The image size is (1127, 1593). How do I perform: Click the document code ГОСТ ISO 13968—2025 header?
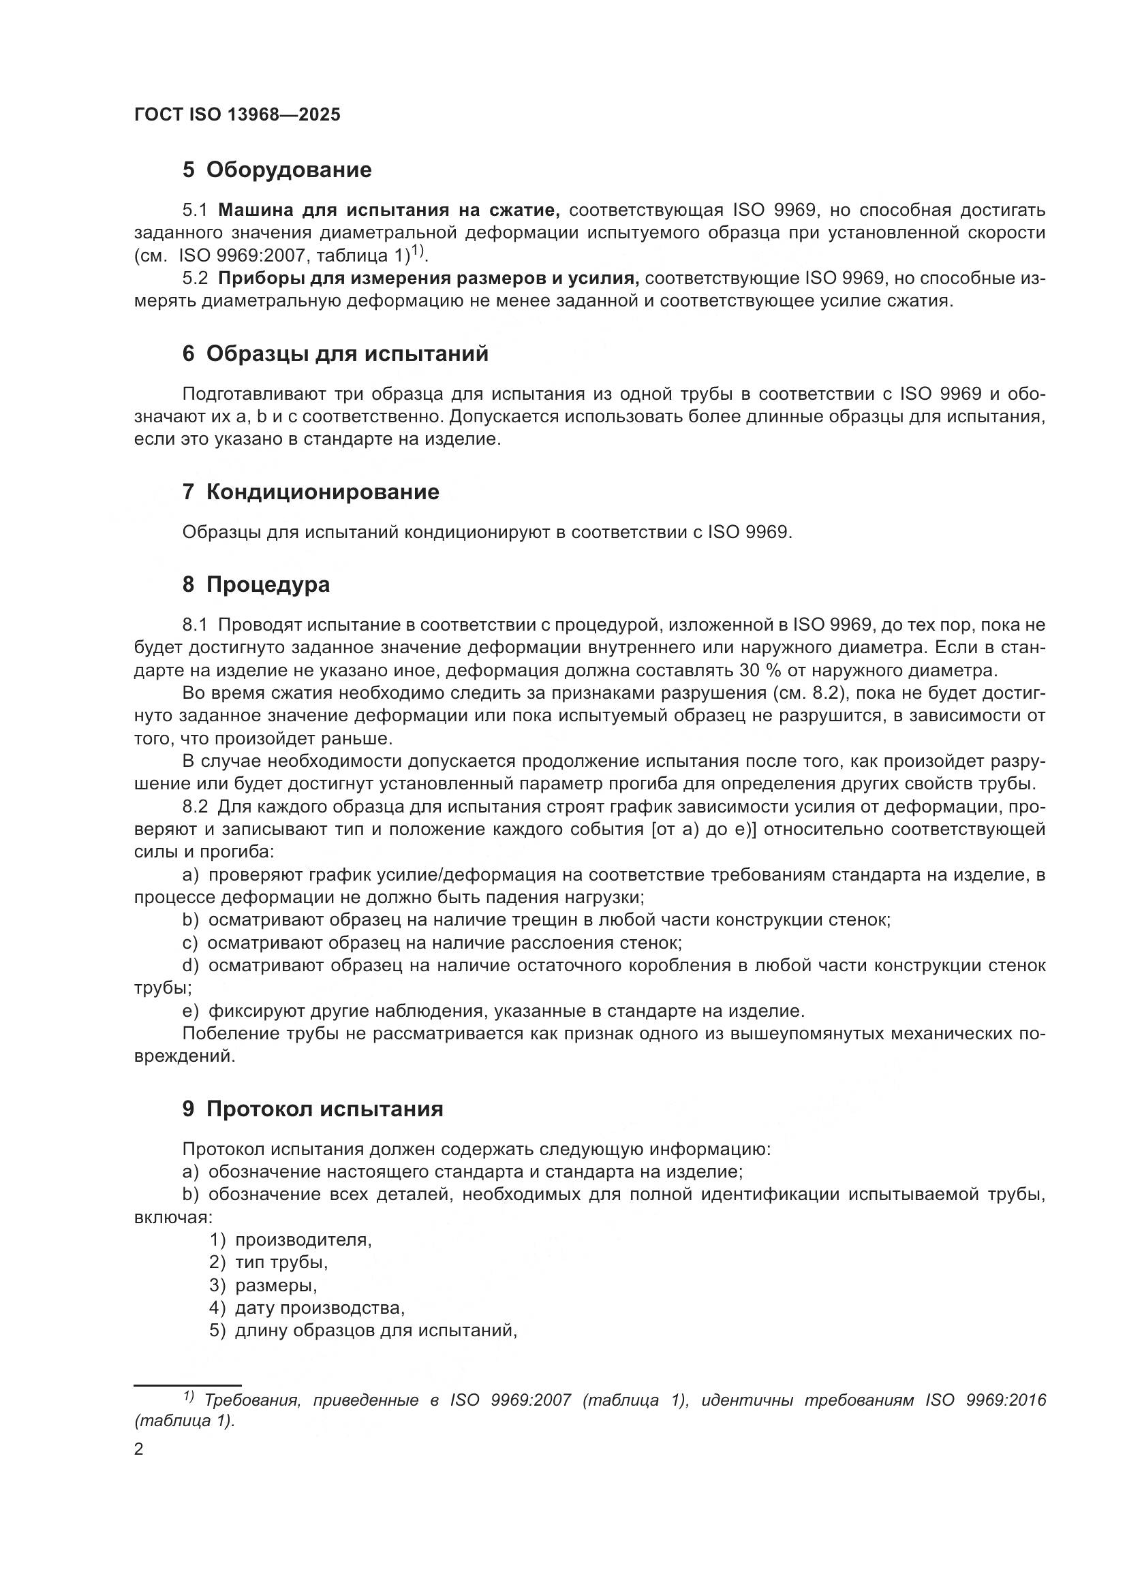(237, 115)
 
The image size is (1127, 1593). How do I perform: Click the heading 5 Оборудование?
(277, 170)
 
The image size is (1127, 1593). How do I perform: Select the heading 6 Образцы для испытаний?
(335, 355)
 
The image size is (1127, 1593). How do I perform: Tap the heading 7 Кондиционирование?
(311, 492)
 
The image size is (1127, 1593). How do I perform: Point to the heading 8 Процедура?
(256, 585)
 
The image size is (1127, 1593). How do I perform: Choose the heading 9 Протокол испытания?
(312, 1109)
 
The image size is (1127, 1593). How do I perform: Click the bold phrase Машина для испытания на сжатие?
(389, 210)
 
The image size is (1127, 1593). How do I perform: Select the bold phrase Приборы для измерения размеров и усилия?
(428, 279)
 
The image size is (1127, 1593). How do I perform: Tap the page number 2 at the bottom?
(139, 1450)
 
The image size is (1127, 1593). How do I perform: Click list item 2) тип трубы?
(268, 1263)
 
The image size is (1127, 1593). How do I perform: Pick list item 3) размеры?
(264, 1287)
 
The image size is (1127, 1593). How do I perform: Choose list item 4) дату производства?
(307, 1309)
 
